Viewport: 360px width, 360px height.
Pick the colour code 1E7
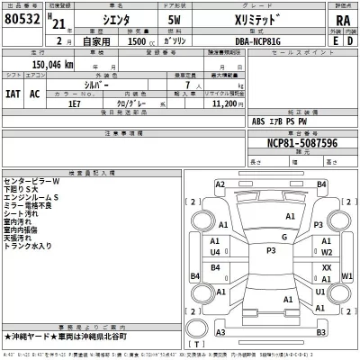tap(87, 103)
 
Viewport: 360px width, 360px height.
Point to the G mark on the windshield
tap(283, 237)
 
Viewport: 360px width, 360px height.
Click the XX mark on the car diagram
tap(327, 267)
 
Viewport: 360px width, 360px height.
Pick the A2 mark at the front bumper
tap(220, 184)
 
